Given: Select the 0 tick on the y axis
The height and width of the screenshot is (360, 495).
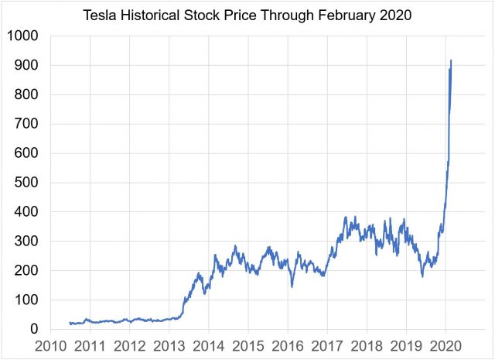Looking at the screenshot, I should click(34, 329).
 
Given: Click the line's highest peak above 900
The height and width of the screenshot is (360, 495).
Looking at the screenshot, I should click(451, 60).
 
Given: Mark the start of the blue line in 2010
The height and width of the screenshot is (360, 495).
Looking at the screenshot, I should click(70, 323).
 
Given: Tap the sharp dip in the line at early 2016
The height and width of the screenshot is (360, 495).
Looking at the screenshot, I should click(292, 286).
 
